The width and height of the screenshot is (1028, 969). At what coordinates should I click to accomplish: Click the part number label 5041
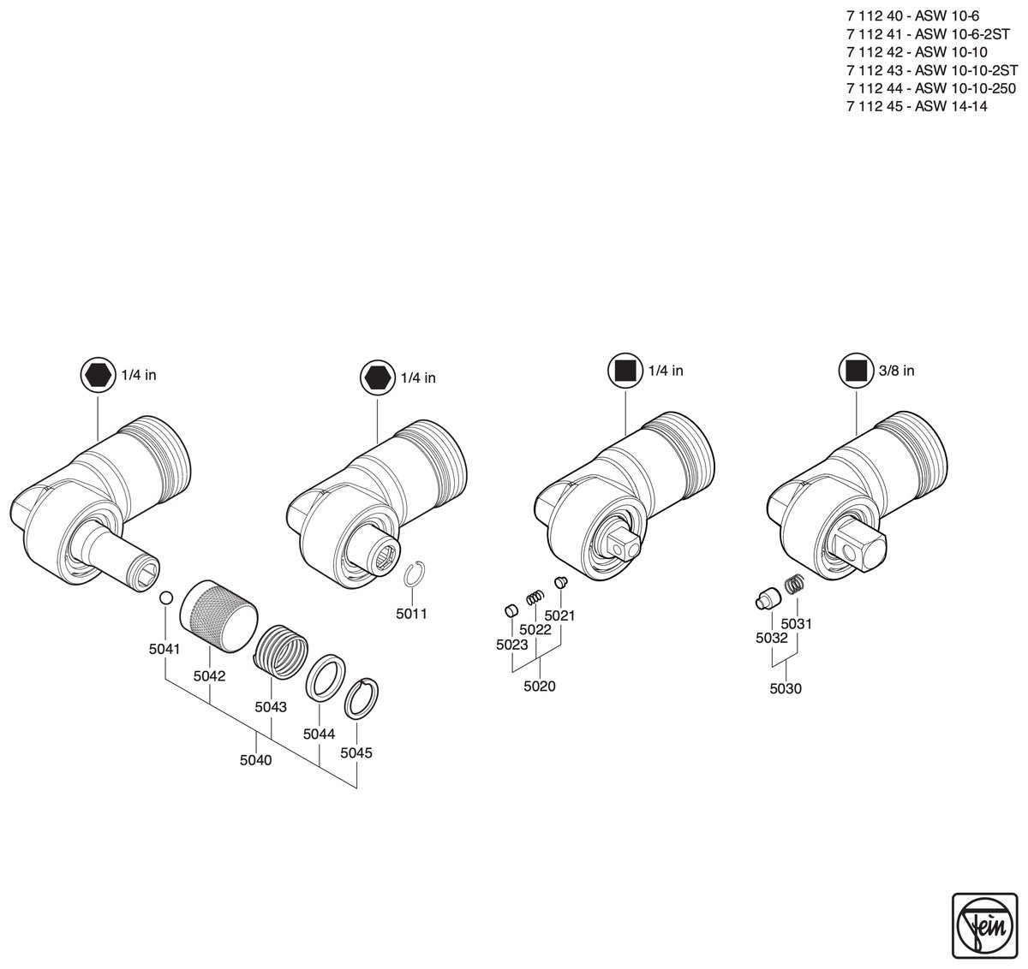(x=164, y=649)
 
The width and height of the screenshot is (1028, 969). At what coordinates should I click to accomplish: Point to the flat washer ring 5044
(x=325, y=678)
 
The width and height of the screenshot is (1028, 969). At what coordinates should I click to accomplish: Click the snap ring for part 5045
(x=362, y=699)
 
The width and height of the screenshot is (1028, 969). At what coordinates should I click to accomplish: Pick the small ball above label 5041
(x=166, y=597)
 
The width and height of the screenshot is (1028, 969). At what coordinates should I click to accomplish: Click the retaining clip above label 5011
(x=415, y=574)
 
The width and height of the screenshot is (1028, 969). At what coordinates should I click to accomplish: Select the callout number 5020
(x=540, y=686)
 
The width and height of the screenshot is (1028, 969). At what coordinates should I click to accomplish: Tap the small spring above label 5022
(x=535, y=597)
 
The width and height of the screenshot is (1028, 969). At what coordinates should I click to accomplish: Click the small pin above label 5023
(x=511, y=610)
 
